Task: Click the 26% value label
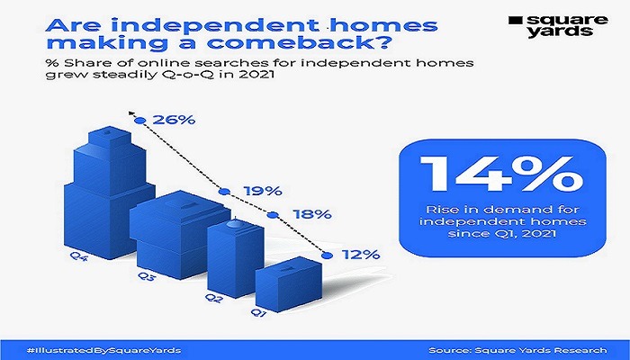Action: click(174, 120)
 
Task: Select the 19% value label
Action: click(263, 191)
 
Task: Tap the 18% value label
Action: click(311, 214)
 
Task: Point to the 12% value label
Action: click(360, 255)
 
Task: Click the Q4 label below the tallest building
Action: click(79, 256)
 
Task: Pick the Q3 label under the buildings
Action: click(146, 276)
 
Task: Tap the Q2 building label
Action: click(212, 298)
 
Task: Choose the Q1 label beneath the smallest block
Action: click(259, 312)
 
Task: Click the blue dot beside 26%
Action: click(139, 120)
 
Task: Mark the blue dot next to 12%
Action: click(328, 255)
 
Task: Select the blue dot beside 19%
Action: click(225, 192)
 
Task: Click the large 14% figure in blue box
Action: click(501, 174)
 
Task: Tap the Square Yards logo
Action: click(558, 25)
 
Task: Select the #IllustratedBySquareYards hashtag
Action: click(103, 350)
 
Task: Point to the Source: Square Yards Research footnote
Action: click(517, 350)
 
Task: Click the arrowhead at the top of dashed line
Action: click(130, 112)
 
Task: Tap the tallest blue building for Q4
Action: click(108, 193)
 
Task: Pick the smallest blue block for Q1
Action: click(289, 283)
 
